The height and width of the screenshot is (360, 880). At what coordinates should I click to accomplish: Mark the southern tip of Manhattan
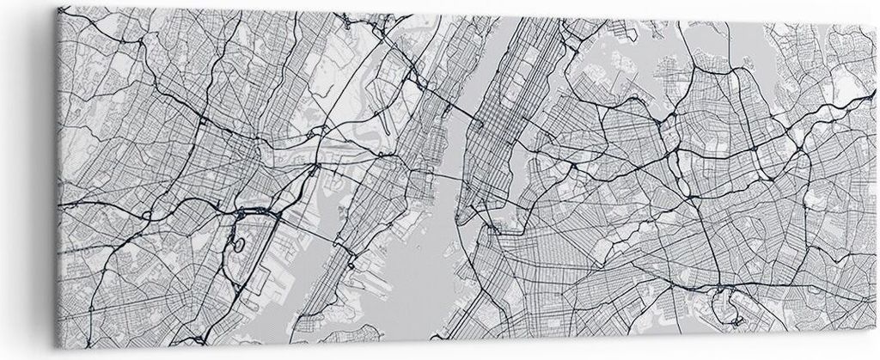coord(463,215)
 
